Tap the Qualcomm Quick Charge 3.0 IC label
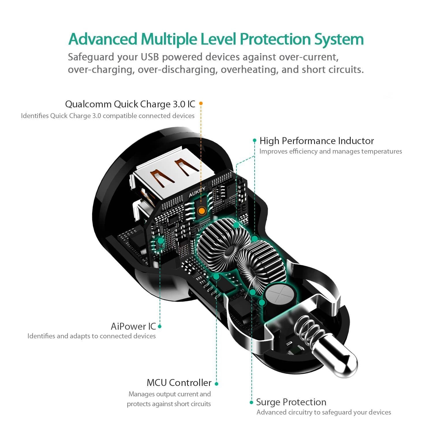point(130,104)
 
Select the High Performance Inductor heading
point(316,141)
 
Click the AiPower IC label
point(133,326)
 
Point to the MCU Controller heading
point(179,383)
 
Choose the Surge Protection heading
point(291,402)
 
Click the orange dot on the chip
point(201,211)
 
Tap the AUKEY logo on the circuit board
point(197,192)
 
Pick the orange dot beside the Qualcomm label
point(201,103)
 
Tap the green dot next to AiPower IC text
point(160,326)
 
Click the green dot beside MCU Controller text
point(216,384)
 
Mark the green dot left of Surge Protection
point(251,402)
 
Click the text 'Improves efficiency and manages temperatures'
point(330,152)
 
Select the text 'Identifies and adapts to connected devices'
point(92,336)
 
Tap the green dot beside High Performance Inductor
point(255,141)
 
